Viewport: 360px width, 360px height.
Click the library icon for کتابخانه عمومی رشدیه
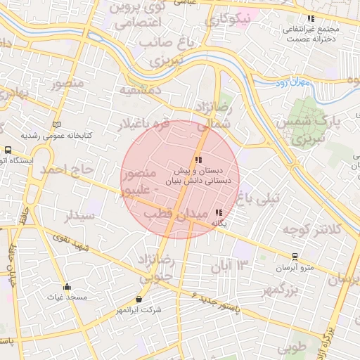coord(56,124)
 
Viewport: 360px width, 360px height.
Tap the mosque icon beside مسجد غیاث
coord(67,286)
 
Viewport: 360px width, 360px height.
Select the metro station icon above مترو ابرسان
coord(294,257)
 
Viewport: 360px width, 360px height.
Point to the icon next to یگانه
coord(219,212)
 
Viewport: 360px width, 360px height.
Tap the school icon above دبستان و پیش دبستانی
coord(198,160)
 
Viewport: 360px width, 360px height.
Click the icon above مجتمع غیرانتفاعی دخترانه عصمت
coord(311,19)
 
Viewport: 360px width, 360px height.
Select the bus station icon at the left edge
coord(8,150)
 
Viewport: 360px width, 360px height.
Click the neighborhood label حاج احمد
coord(66,169)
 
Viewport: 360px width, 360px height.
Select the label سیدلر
coord(79,216)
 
